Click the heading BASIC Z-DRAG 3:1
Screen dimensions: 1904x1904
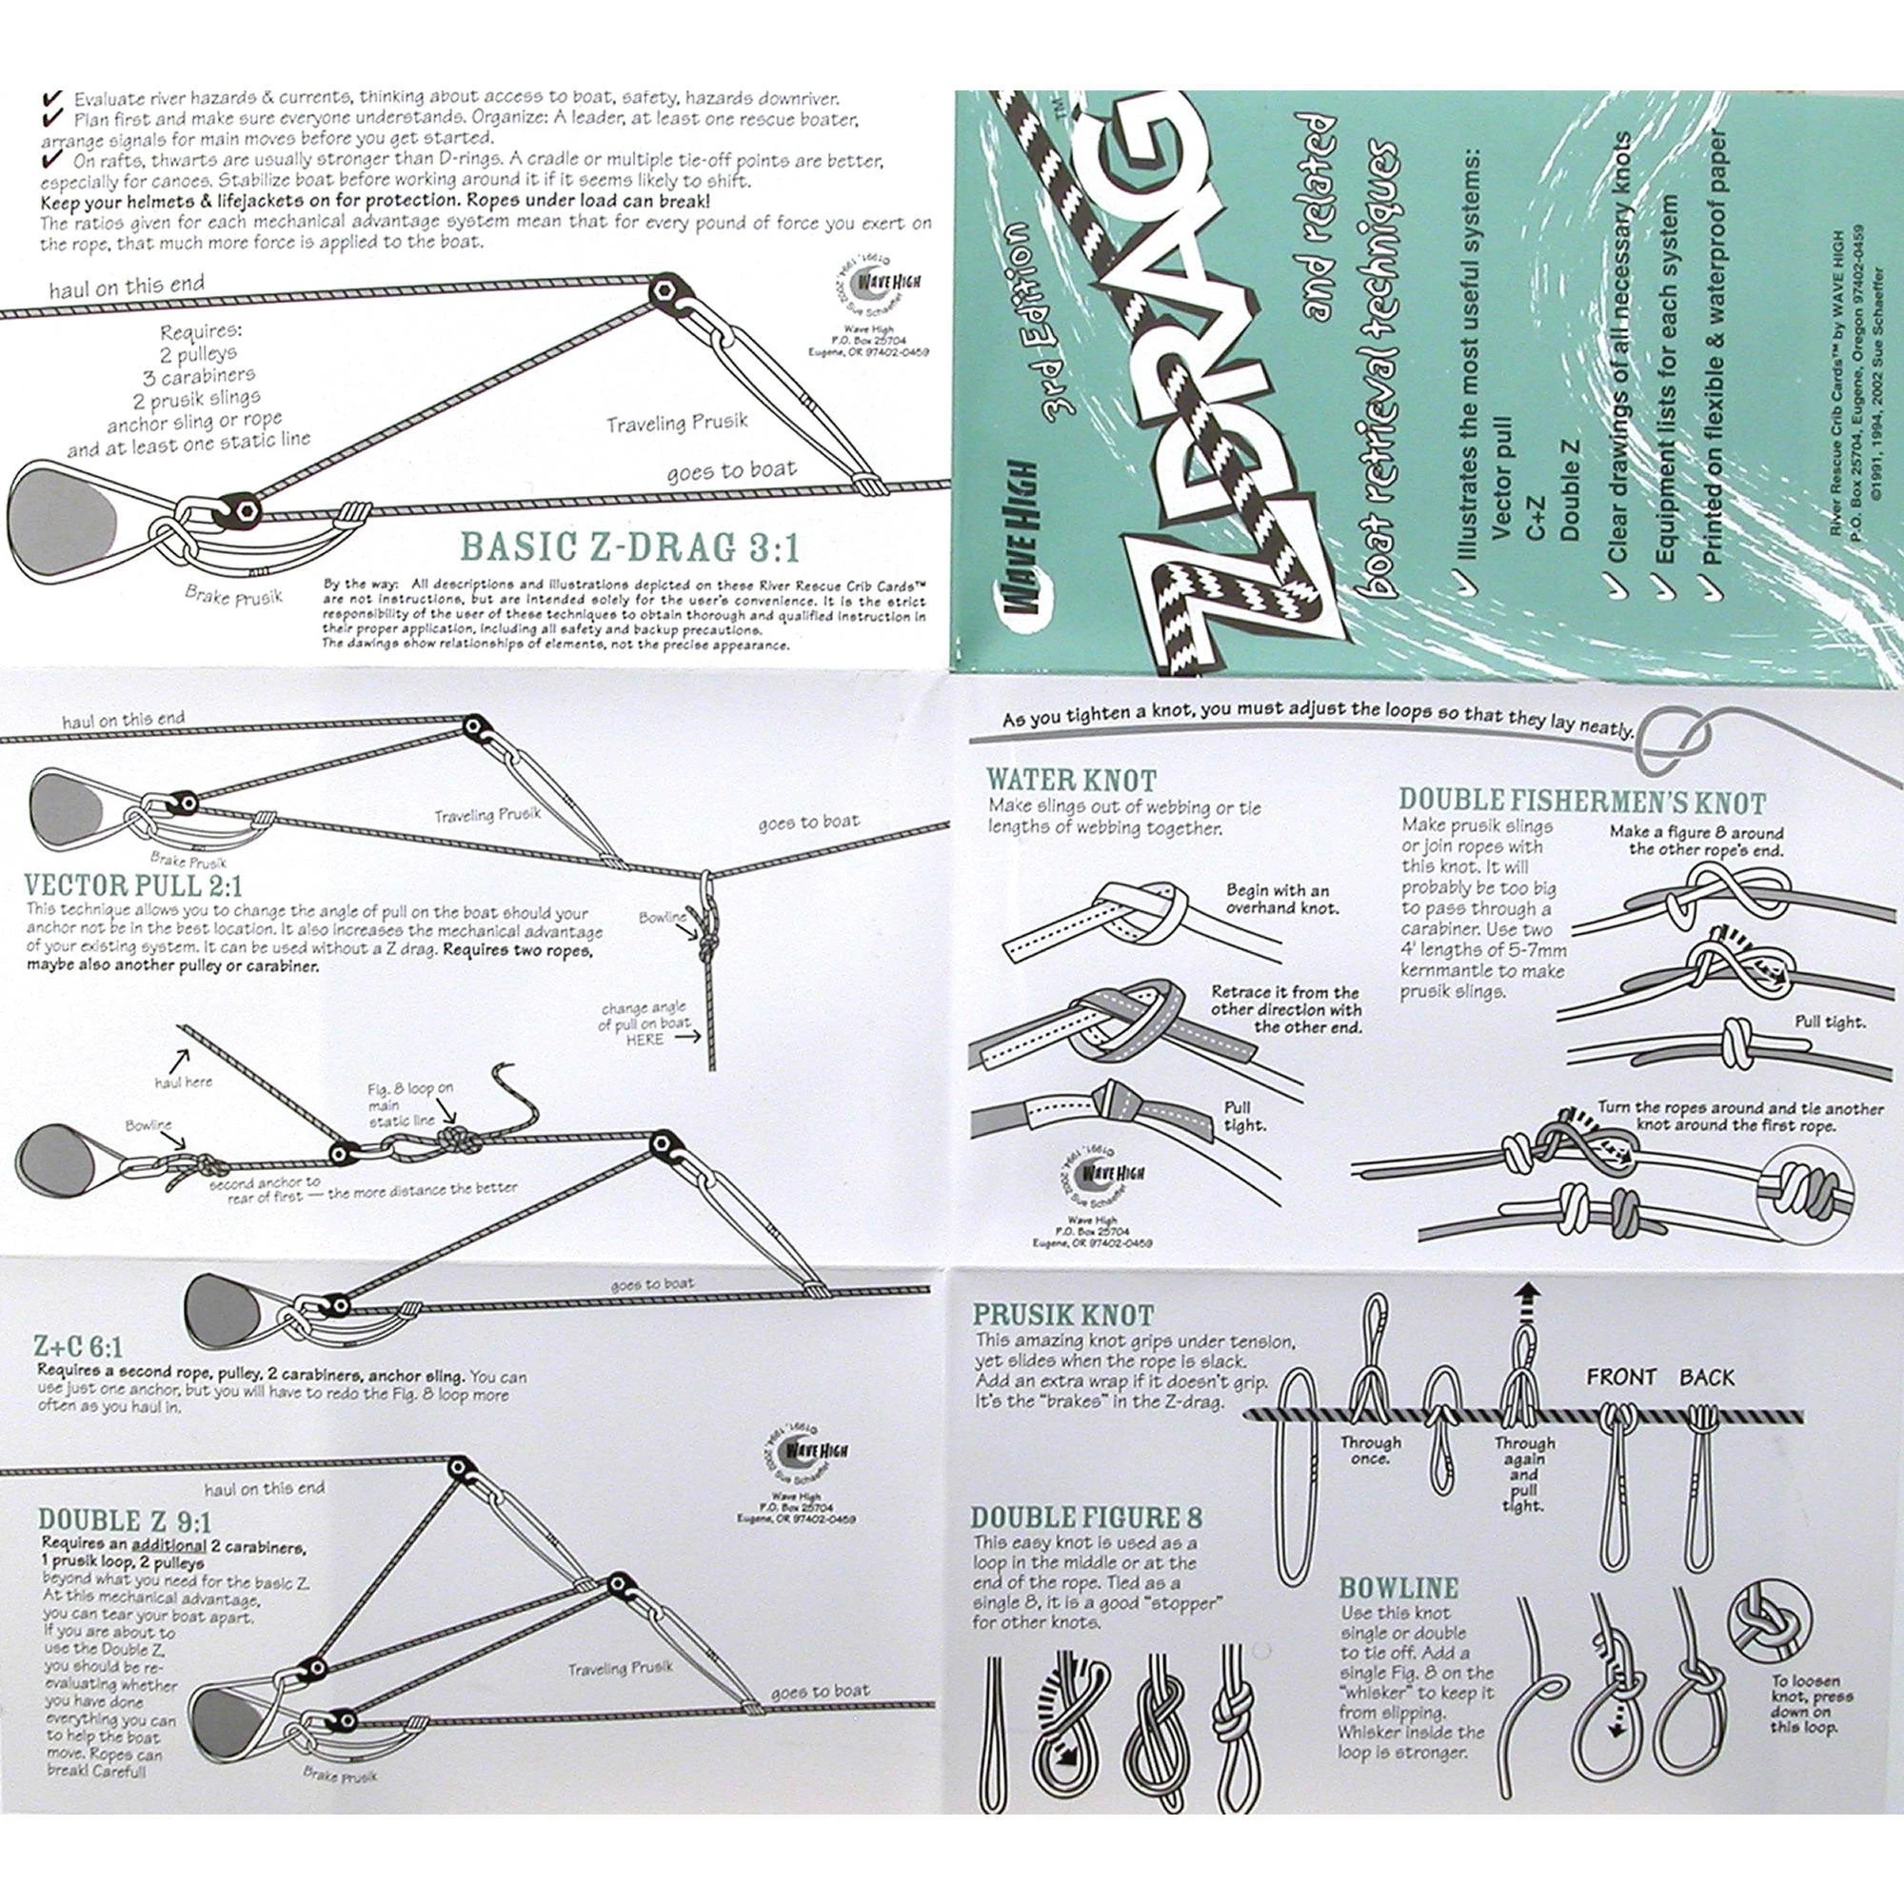click(x=631, y=545)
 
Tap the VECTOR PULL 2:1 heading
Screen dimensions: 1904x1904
click(x=135, y=883)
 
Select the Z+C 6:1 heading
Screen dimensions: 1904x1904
click(x=79, y=1346)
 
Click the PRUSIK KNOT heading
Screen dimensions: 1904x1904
click(x=1062, y=1314)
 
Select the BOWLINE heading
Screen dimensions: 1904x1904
click(x=1398, y=1588)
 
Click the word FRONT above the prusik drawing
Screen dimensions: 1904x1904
click(x=1621, y=1377)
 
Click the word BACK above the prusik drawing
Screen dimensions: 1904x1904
click(x=1706, y=1377)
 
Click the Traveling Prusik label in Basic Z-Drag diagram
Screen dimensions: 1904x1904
click(x=676, y=423)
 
